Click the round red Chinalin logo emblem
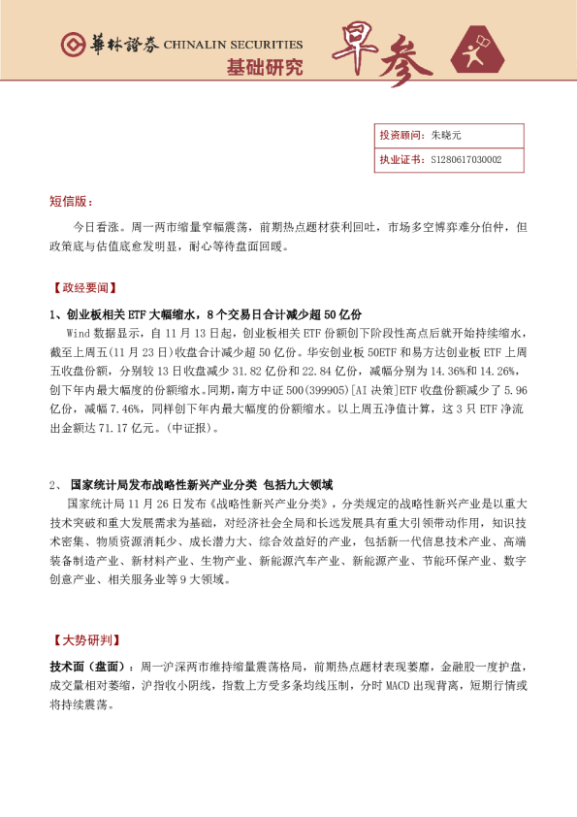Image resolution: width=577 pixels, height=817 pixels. [71, 45]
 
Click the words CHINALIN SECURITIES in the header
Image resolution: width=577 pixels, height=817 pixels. [233, 45]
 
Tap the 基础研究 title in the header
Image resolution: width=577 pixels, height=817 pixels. [264, 67]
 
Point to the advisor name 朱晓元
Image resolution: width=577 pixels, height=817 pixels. [446, 136]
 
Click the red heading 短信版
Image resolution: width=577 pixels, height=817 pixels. [71, 201]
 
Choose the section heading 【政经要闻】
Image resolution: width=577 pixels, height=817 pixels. [81, 287]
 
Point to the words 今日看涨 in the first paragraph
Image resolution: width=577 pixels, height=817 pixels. [94, 227]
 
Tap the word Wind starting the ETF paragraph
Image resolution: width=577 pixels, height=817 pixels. [78, 332]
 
